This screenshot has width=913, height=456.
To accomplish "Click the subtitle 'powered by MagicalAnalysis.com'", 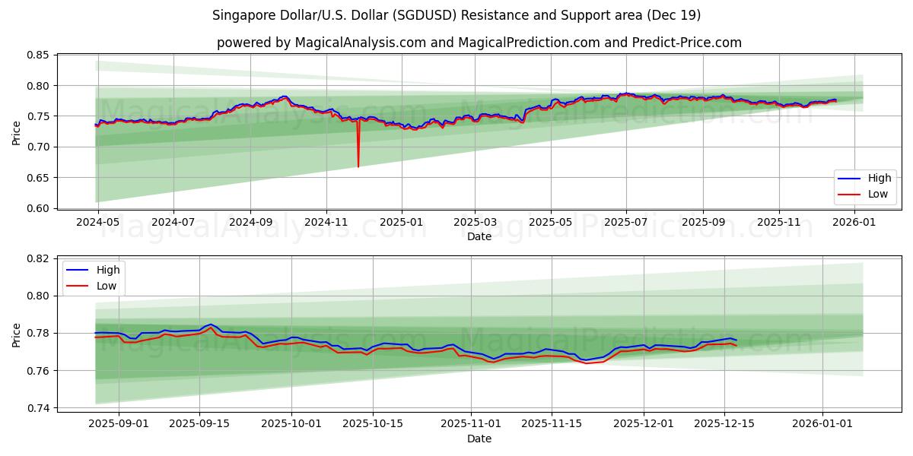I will click(479, 43).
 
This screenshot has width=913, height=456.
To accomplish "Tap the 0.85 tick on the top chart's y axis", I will click(38, 55).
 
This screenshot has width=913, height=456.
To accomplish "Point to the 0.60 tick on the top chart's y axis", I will click(38, 208).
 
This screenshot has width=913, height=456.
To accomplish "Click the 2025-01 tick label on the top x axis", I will click(401, 222).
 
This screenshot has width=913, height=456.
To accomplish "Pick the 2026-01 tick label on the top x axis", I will click(855, 222).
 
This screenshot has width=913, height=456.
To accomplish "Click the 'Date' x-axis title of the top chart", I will click(479, 236).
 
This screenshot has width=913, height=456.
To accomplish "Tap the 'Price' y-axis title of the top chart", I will click(17, 132).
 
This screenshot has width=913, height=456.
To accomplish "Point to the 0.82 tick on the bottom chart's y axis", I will click(38, 258).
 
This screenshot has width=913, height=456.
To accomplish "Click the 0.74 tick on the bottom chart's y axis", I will click(38, 408).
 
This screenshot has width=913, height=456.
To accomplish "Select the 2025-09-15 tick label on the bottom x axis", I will click(199, 423).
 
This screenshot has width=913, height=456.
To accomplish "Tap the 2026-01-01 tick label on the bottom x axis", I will click(822, 423).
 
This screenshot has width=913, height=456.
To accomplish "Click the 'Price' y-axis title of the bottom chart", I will click(17, 334).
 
